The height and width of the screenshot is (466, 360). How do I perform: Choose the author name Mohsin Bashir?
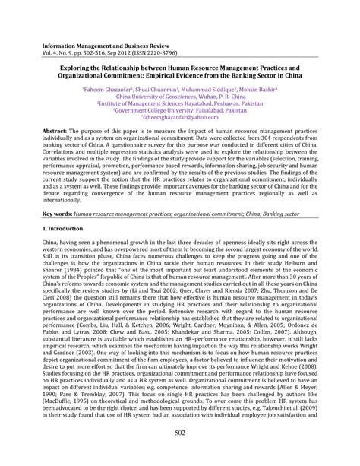257,90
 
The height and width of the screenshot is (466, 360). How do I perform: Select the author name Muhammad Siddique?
207,90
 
